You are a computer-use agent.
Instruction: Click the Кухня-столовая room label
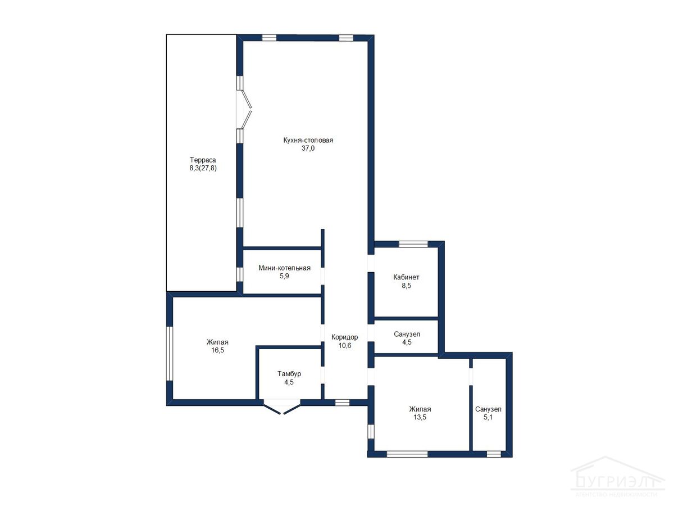coord(308,141)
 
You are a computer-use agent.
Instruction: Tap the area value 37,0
coord(308,148)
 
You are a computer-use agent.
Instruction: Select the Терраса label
coord(203,160)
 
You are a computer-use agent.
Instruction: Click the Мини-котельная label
coord(284,268)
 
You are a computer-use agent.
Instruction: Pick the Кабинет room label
coord(406,277)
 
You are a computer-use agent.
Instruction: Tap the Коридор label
coord(344,337)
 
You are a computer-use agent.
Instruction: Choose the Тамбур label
coord(289,374)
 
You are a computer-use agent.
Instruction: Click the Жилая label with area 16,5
coord(217,342)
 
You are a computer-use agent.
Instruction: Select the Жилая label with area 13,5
coord(420,409)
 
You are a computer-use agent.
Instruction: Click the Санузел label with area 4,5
coord(407,334)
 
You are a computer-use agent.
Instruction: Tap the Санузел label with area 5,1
coord(488,409)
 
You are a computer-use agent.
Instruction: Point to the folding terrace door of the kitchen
coord(244,109)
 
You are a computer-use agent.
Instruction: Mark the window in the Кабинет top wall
coord(413,244)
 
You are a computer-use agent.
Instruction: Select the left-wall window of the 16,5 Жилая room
coord(170,354)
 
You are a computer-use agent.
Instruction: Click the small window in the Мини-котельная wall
coord(240,274)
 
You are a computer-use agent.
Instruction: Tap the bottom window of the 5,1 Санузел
coord(494,454)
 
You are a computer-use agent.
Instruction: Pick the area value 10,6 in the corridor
coord(345,345)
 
